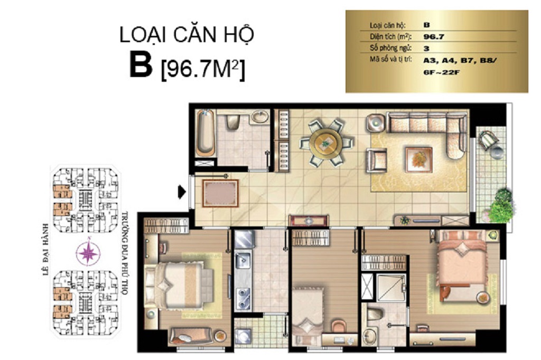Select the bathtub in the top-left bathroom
pyautogui.click(x=206, y=133)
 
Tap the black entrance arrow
pyautogui.click(x=182, y=192)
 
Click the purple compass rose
pyautogui.click(x=89, y=253)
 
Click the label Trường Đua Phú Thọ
pyautogui.click(x=125, y=253)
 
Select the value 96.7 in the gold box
pyautogui.click(x=434, y=36)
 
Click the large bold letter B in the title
pyautogui.click(x=141, y=64)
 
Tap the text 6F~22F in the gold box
pyautogui.click(x=441, y=73)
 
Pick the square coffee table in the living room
pyautogui.click(x=419, y=159)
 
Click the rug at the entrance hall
pyautogui.click(x=220, y=193)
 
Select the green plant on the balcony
pyautogui.click(x=502, y=206)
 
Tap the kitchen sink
pyautogui.click(x=243, y=260)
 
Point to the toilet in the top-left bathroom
pyautogui.click(x=233, y=121)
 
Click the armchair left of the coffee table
pyautogui.click(x=376, y=160)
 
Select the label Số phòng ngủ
pyautogui.click(x=390, y=48)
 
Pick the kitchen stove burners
pyautogui.click(x=243, y=298)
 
